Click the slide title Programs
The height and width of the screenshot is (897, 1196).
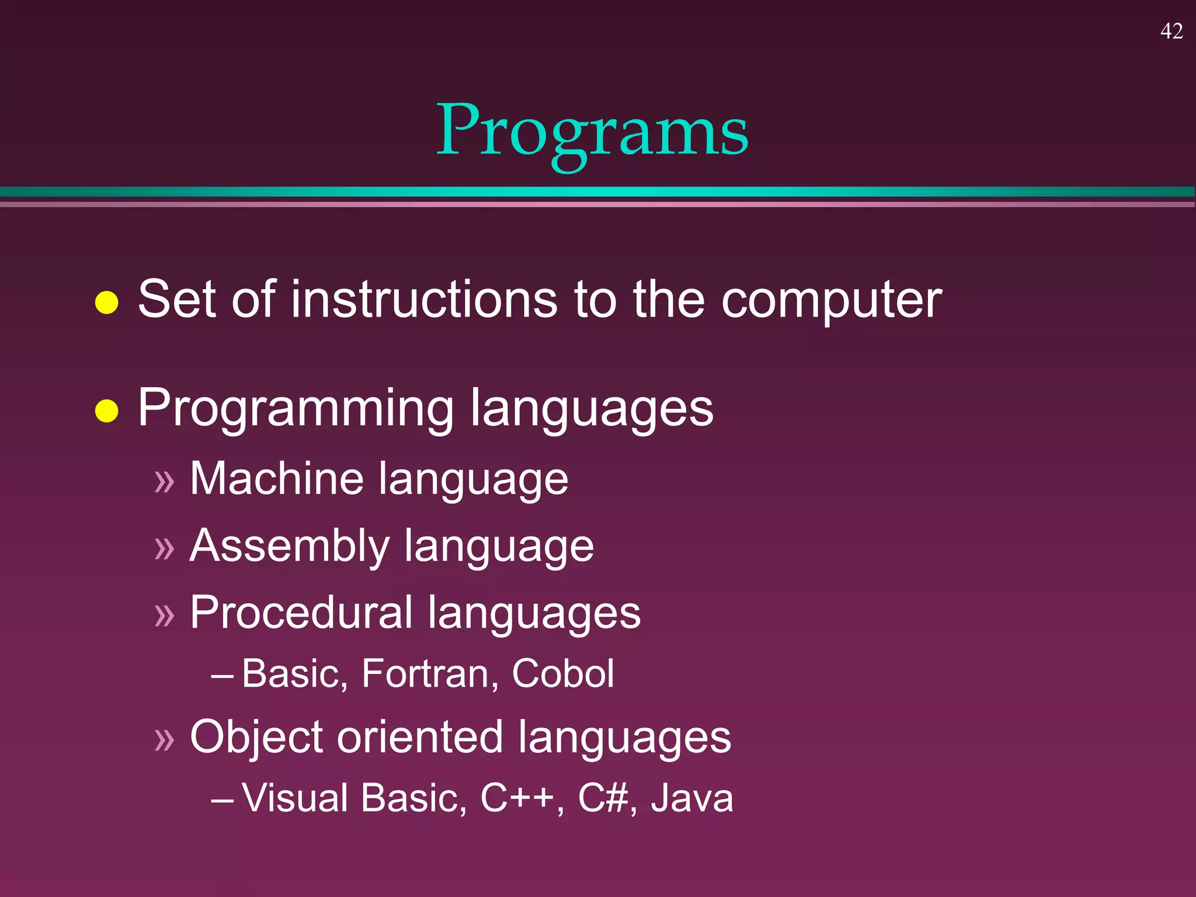click(x=592, y=131)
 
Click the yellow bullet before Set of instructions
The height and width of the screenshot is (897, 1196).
click(x=107, y=303)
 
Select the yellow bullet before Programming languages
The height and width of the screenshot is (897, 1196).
click(x=107, y=411)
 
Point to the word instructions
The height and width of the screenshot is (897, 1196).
click(x=423, y=299)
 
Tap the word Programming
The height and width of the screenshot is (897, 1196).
click(x=295, y=409)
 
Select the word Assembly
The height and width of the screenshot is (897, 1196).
click(x=289, y=547)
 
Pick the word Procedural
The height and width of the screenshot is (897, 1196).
click(x=301, y=613)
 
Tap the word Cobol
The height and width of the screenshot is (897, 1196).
click(x=562, y=674)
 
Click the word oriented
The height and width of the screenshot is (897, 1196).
click(x=419, y=737)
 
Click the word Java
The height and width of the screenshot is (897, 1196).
click(x=692, y=798)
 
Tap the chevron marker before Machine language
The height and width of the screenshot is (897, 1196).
click(x=165, y=482)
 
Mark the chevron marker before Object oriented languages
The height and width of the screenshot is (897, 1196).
click(x=165, y=740)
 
